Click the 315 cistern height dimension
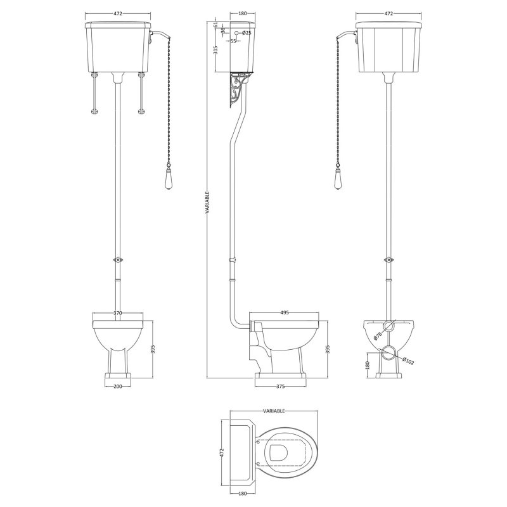[217, 51]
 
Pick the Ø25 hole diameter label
[247, 32]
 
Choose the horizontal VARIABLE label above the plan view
[273, 411]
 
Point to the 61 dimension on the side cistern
[216, 25]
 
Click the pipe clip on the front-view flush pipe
[116, 259]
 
